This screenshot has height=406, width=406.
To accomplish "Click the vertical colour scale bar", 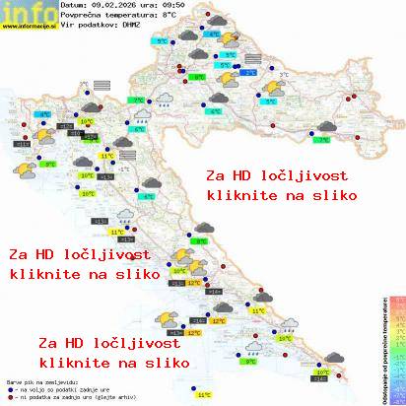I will point(396,345).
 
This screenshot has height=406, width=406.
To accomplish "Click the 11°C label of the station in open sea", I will point(204,394).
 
